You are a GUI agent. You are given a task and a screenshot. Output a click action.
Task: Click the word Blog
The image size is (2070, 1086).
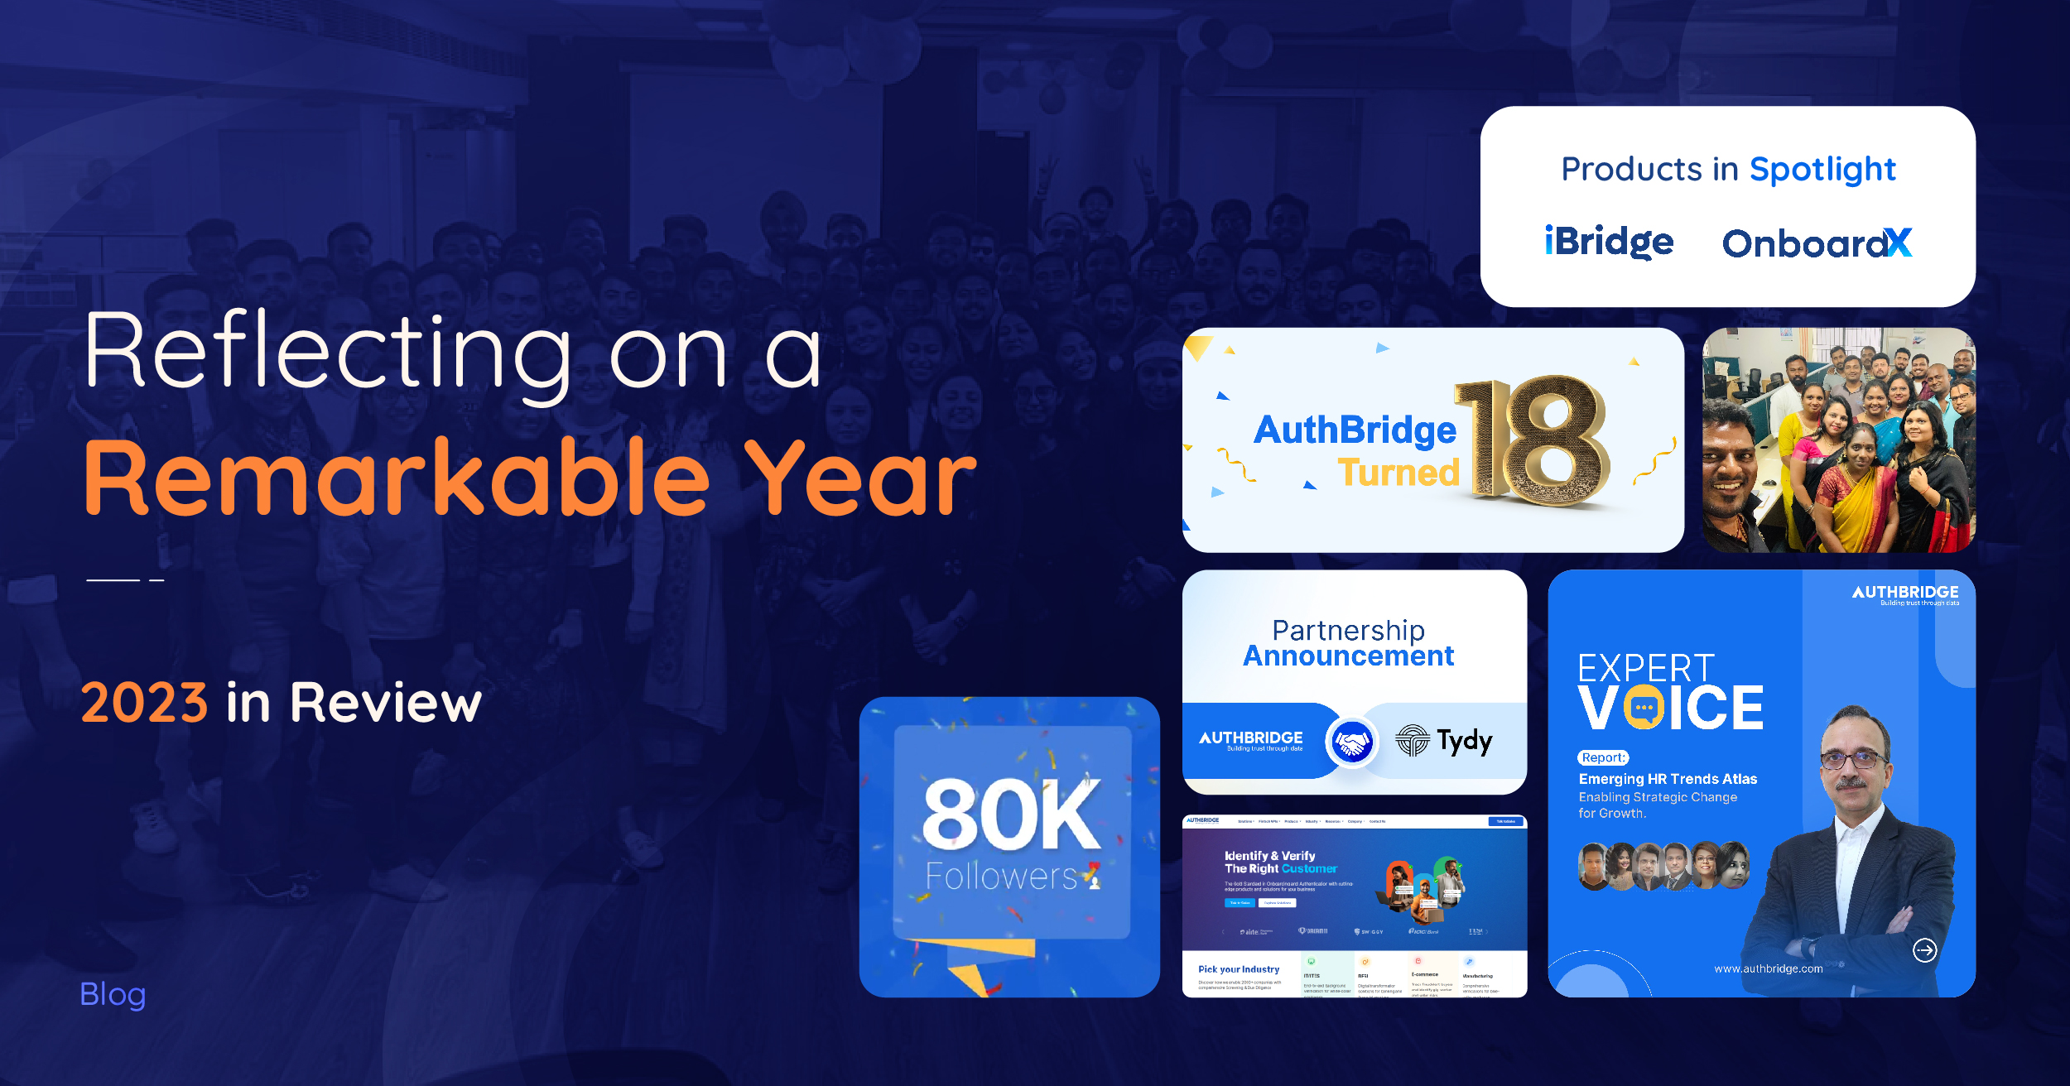pos(113,994)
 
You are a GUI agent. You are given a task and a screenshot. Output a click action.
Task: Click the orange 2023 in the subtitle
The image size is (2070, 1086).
pos(144,703)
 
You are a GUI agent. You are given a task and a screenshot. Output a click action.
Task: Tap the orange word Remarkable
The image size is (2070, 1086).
pos(397,478)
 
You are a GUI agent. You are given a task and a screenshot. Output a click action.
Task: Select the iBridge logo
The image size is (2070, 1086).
pos(1609,242)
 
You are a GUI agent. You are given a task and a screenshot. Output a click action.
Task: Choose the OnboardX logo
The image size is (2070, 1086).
pos(1817,243)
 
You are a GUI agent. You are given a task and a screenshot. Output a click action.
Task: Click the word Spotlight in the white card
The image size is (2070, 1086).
pos(1822,170)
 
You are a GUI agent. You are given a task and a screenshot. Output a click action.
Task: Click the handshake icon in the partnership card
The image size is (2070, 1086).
pos(1351,742)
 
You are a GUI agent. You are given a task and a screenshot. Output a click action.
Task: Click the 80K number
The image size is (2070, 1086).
pos(1011,815)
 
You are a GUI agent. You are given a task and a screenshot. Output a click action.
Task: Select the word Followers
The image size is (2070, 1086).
pos(1001,877)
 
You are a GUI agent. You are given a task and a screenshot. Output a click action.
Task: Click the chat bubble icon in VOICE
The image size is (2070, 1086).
pos(1644,709)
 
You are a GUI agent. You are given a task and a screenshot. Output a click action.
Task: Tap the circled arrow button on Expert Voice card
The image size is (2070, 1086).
pos(1924,950)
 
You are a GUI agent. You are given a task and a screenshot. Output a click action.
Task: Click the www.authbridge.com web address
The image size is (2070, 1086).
pos(1769,968)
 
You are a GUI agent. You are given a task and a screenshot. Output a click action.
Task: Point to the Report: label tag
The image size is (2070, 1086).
pos(1603,757)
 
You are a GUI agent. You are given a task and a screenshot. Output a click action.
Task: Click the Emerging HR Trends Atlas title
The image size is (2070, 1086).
pos(1668,779)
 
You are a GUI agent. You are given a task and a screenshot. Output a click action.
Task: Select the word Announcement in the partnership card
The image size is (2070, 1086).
pos(1348,656)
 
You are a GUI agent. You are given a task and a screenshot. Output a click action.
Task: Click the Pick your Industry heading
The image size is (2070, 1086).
pos(1239,969)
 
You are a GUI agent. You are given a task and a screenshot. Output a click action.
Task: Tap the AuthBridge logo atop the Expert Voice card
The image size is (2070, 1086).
pos(1905,593)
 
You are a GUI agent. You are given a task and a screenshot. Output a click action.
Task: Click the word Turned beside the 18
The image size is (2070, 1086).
pos(1398,473)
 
